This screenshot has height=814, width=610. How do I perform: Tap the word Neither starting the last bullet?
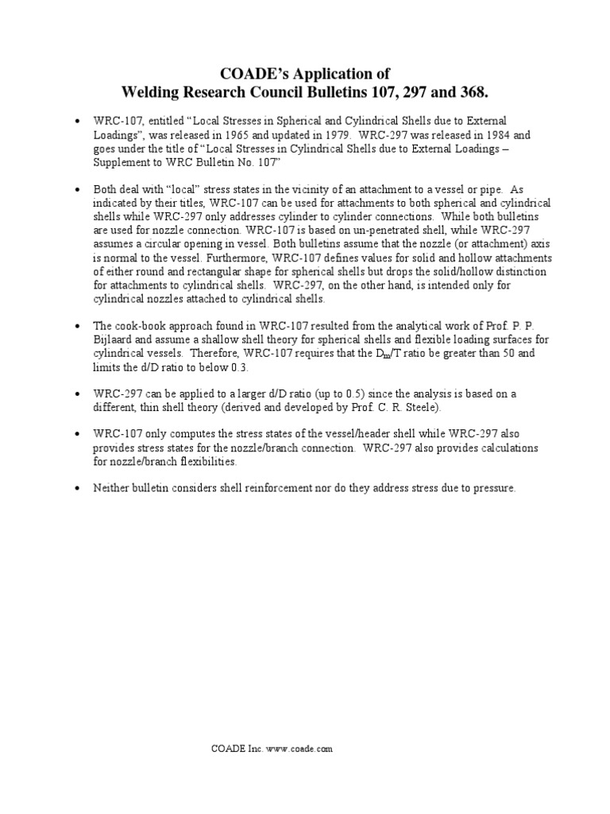coord(111,489)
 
